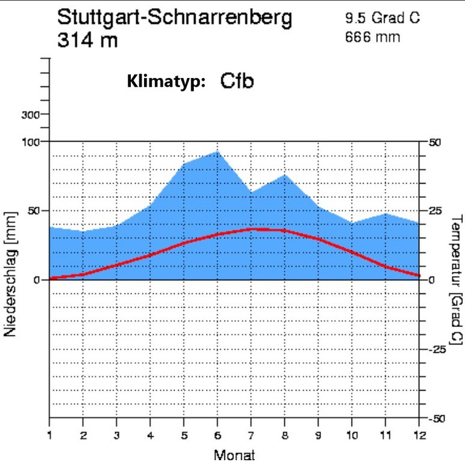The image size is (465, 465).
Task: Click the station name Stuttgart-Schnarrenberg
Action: point(174,18)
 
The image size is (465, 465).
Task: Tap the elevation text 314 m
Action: point(88,41)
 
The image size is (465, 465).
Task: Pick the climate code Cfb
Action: point(237,81)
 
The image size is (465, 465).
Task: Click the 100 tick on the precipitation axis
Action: point(31,142)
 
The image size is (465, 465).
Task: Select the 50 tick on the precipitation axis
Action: point(35,211)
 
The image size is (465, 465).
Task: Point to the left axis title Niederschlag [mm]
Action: point(11,274)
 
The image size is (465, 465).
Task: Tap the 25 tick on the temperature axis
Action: point(435,211)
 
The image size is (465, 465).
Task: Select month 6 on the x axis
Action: point(217,435)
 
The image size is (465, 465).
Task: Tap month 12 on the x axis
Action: point(420,435)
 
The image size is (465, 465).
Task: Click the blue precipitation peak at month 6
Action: point(217,152)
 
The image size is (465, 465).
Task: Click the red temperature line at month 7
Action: point(251,229)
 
